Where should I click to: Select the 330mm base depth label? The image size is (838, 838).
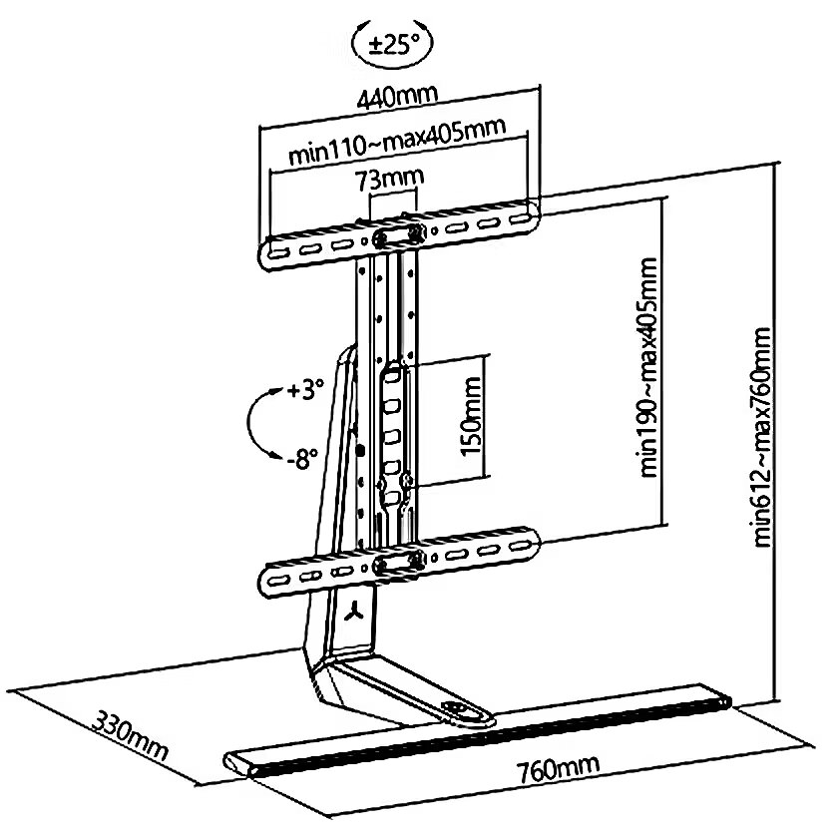pos(131,734)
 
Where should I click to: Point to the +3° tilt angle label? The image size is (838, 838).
pos(304,390)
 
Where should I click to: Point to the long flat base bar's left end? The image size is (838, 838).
pos(239,764)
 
